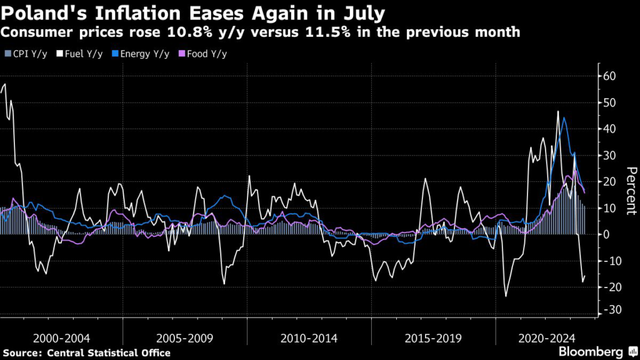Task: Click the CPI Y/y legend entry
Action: (x=26, y=54)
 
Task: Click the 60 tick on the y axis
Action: (x=609, y=76)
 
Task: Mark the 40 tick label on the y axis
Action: (x=609, y=129)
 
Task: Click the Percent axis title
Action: (x=631, y=191)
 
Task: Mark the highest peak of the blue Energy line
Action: (x=564, y=117)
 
